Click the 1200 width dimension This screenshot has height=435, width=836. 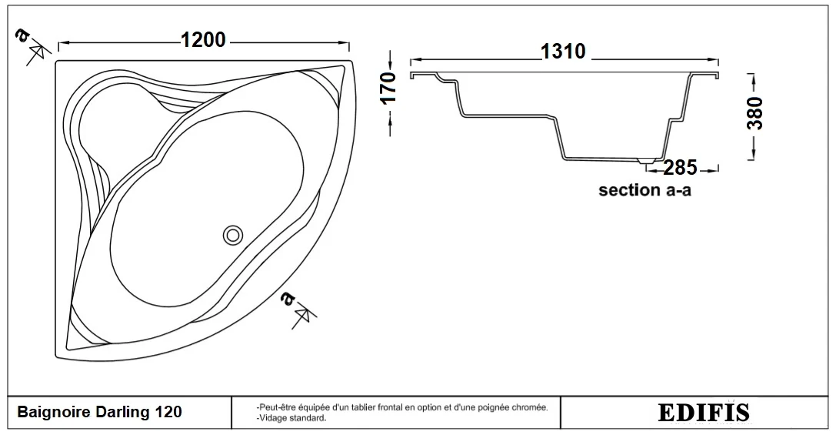pos(203,40)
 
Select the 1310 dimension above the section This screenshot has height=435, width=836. pos(563,52)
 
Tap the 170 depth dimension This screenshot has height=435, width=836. pos(389,88)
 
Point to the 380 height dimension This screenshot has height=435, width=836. pos(755,113)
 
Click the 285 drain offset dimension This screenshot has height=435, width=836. pos(681,168)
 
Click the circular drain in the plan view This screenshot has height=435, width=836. pos(233,234)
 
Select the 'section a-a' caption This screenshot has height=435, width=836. pos(644,190)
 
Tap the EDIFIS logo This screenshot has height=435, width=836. pos(704,413)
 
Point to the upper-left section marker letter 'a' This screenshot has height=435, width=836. pos(22,35)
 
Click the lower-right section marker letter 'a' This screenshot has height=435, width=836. pos(287,299)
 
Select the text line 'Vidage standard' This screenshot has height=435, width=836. pos(291,418)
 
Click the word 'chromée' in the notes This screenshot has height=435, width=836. pos(531,408)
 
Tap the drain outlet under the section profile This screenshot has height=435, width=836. pos(647,159)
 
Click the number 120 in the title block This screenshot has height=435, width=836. pos(168,412)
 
